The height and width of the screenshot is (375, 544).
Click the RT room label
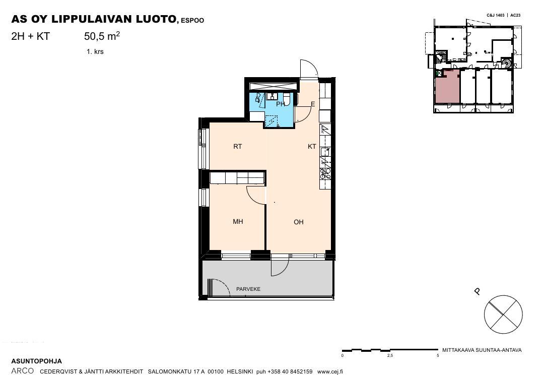(x=238, y=147)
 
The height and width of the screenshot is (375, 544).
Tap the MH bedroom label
(x=238, y=221)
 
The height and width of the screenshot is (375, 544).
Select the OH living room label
(x=299, y=222)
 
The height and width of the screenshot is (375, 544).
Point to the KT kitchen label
(x=312, y=147)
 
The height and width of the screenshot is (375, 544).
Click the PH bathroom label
(x=281, y=104)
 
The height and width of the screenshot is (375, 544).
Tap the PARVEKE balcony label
(x=248, y=289)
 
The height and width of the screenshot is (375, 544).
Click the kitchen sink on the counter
(x=325, y=152)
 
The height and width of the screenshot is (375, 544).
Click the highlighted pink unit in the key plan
(x=447, y=86)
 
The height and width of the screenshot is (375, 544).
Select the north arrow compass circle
(x=503, y=314)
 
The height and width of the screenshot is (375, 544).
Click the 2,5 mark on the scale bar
(x=390, y=355)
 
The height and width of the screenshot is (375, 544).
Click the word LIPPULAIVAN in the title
(x=92, y=19)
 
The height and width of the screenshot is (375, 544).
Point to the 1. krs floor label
(x=95, y=52)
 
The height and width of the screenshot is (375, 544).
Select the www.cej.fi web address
(x=330, y=371)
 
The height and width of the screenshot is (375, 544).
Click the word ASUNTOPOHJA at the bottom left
(x=36, y=361)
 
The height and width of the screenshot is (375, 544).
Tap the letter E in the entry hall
(x=313, y=104)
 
